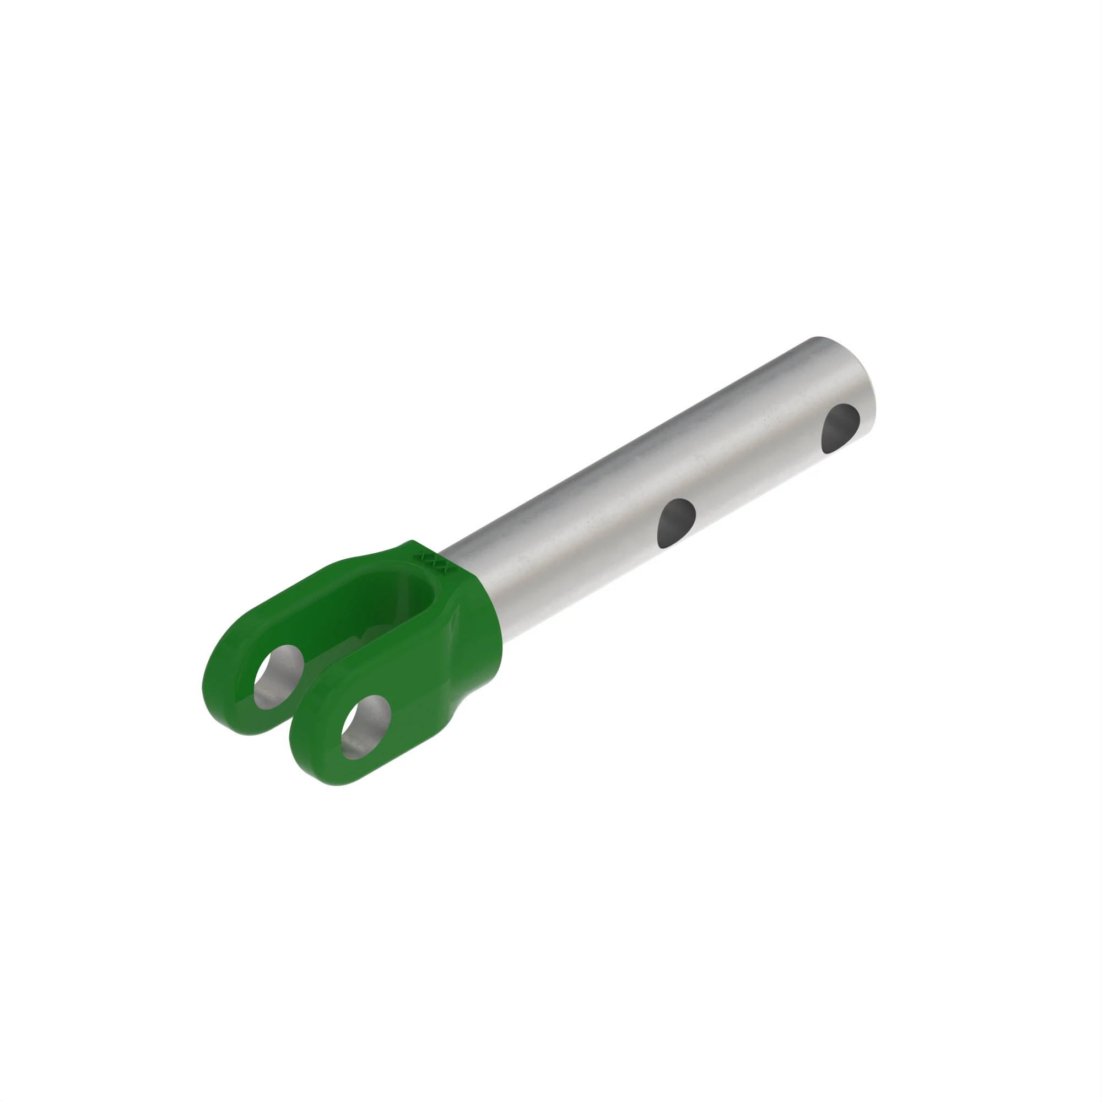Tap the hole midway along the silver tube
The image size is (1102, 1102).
pos(677,522)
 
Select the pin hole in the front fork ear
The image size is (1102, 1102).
pos(366,727)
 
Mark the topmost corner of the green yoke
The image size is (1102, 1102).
pos(409,542)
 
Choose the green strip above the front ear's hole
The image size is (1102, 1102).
pos(365,687)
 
